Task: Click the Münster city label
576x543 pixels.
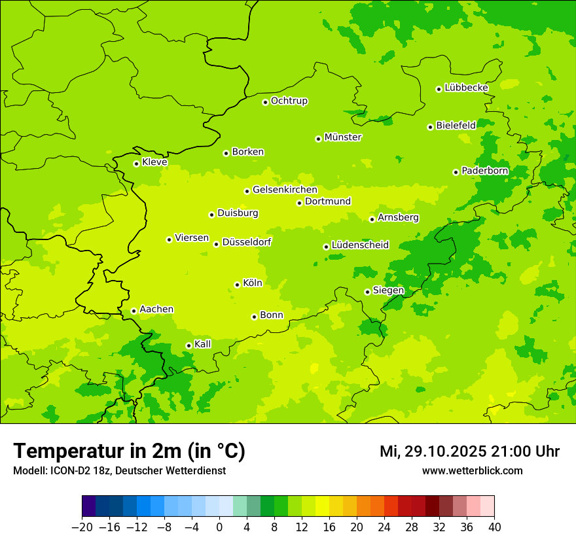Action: click(342, 137)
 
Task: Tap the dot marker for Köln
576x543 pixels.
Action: click(237, 285)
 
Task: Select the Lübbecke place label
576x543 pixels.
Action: click(466, 88)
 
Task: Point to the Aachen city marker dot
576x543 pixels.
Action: click(134, 311)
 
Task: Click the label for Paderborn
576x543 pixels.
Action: click(484, 171)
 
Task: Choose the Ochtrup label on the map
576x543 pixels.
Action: click(289, 101)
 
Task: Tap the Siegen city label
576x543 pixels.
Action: click(388, 290)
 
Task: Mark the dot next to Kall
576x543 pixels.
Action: click(189, 345)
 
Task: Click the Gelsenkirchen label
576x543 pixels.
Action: click(285, 190)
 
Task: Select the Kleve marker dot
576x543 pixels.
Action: click(136, 164)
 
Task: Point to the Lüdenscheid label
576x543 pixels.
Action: click(360, 245)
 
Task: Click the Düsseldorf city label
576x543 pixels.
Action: click(246, 242)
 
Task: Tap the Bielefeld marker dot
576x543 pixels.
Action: click(430, 127)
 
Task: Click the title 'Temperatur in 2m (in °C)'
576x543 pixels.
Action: click(129, 451)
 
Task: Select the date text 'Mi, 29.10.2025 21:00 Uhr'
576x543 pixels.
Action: click(469, 451)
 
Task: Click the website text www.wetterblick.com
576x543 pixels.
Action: click(472, 470)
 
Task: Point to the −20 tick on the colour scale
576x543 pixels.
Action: click(82, 527)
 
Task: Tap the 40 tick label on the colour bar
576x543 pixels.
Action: click(494, 527)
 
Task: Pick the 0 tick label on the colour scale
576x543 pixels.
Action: click(219, 527)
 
